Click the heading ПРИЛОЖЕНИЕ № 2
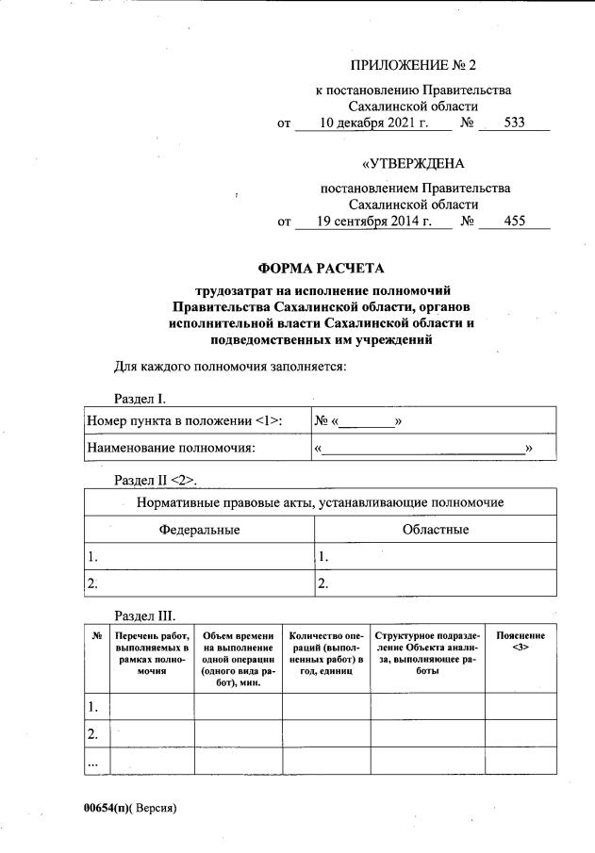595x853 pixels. pyautogui.click(x=413, y=65)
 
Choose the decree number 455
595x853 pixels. pyautogui.click(x=514, y=221)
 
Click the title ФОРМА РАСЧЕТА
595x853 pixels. pyautogui.click(x=322, y=268)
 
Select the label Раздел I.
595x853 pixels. pyautogui.click(x=140, y=400)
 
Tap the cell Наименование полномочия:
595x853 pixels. pyautogui.click(x=171, y=448)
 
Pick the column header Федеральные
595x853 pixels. pyautogui.click(x=199, y=530)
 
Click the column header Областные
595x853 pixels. pyautogui.click(x=435, y=530)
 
